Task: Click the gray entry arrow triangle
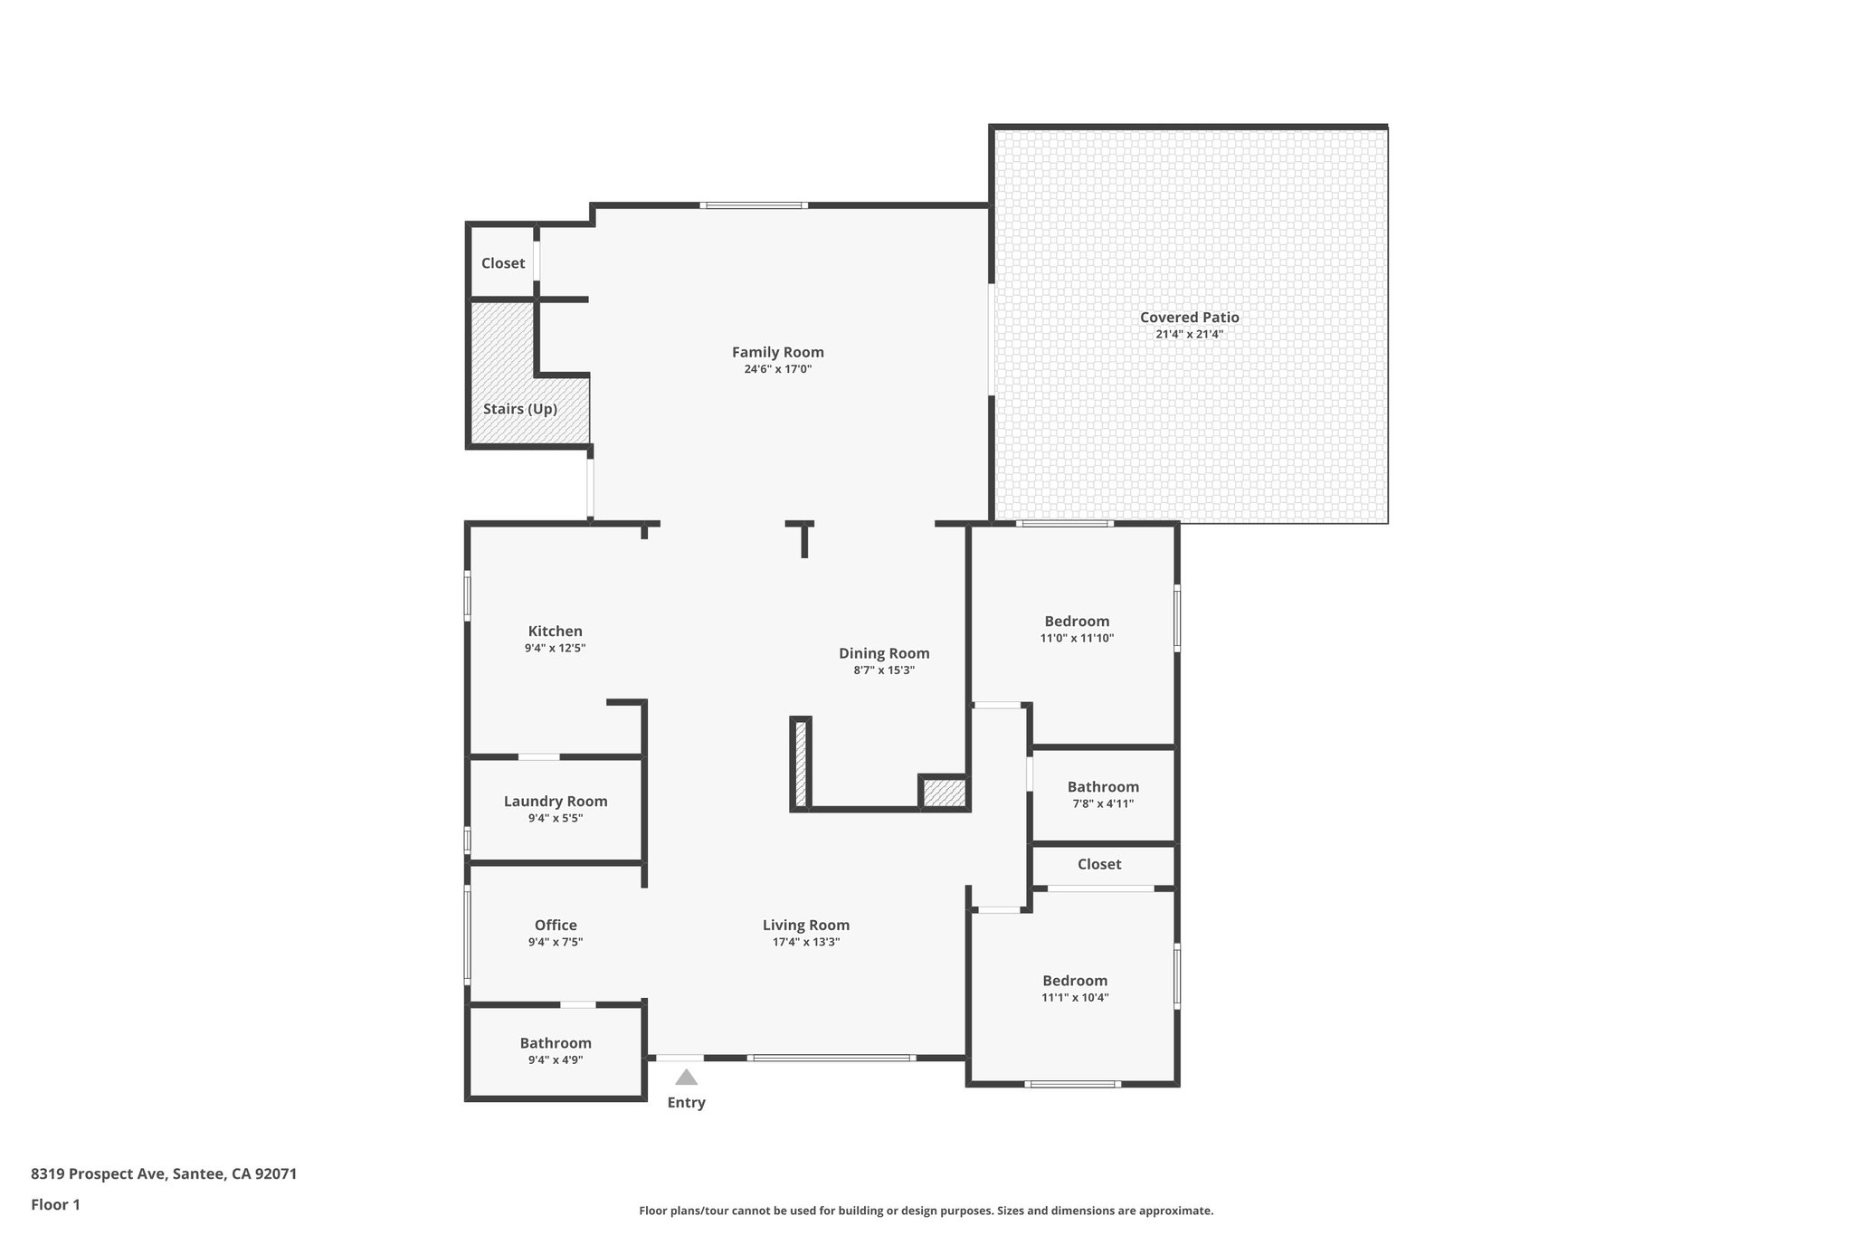click(687, 1077)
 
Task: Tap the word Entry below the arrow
click(686, 1102)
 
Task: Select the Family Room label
click(777, 352)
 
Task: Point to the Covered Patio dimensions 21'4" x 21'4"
click(1189, 334)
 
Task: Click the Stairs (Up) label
click(519, 409)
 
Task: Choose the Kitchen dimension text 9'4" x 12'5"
click(555, 648)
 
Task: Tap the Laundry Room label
click(555, 801)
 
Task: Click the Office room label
click(555, 925)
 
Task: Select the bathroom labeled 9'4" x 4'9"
click(555, 1043)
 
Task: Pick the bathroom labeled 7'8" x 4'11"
click(1102, 787)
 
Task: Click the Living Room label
click(805, 925)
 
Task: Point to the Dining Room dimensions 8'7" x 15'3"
click(883, 670)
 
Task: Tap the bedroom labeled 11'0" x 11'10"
click(1076, 622)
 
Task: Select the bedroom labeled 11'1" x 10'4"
click(1074, 981)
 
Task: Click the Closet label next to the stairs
click(502, 263)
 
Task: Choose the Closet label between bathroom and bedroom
click(1098, 864)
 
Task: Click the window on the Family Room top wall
click(753, 205)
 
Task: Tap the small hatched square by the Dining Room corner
click(944, 793)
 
